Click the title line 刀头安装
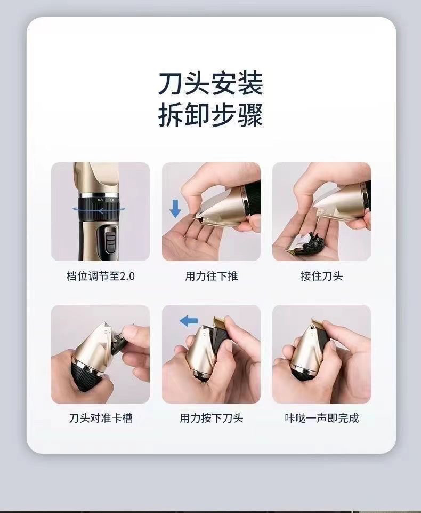point(210,84)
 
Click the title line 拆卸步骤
point(210,116)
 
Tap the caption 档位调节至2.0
point(100,276)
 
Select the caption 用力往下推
point(211,276)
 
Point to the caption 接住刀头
point(321,276)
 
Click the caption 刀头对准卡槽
point(100,418)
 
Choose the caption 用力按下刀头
point(211,418)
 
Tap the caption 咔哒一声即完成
point(321,418)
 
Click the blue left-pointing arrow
point(188,320)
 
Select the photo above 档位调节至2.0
point(100,211)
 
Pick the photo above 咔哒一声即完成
point(321,354)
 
